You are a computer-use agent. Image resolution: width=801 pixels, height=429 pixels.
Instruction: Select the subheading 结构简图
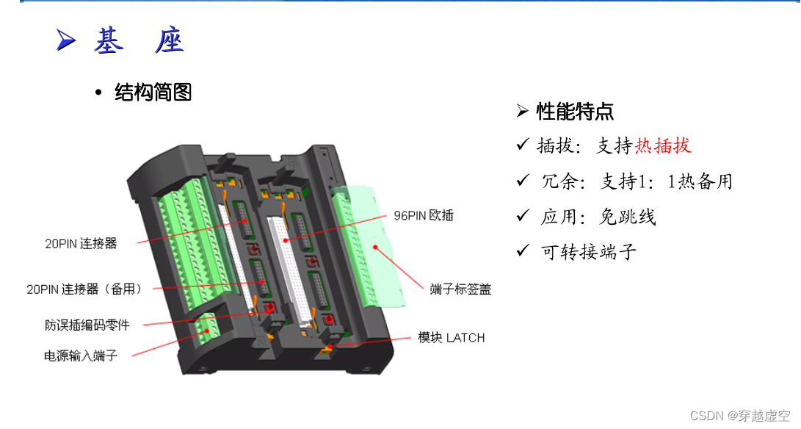pyautogui.click(x=153, y=93)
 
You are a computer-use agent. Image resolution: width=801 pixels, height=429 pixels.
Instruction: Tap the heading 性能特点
pyautogui.click(x=575, y=112)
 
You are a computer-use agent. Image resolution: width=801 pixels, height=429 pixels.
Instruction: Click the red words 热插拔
pyautogui.click(x=663, y=145)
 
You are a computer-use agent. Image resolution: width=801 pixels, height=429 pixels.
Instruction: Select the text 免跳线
pyautogui.click(x=628, y=217)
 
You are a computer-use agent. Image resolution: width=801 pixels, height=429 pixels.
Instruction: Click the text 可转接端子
pyautogui.click(x=589, y=252)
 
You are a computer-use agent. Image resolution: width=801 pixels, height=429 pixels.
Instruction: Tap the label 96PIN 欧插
pyautogui.click(x=424, y=216)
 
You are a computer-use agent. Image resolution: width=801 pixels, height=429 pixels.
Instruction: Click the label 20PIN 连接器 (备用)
pyautogui.click(x=84, y=289)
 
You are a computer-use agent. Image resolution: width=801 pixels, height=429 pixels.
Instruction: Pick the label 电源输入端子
pyautogui.click(x=81, y=356)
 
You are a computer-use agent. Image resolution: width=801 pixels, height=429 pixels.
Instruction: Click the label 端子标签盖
pyautogui.click(x=460, y=289)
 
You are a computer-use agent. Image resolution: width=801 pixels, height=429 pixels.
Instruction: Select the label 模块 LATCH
pyautogui.click(x=452, y=338)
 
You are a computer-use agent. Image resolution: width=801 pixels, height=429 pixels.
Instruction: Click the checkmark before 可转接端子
pyautogui.click(x=523, y=251)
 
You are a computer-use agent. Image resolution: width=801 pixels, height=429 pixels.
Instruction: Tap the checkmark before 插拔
pyautogui.click(x=523, y=145)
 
